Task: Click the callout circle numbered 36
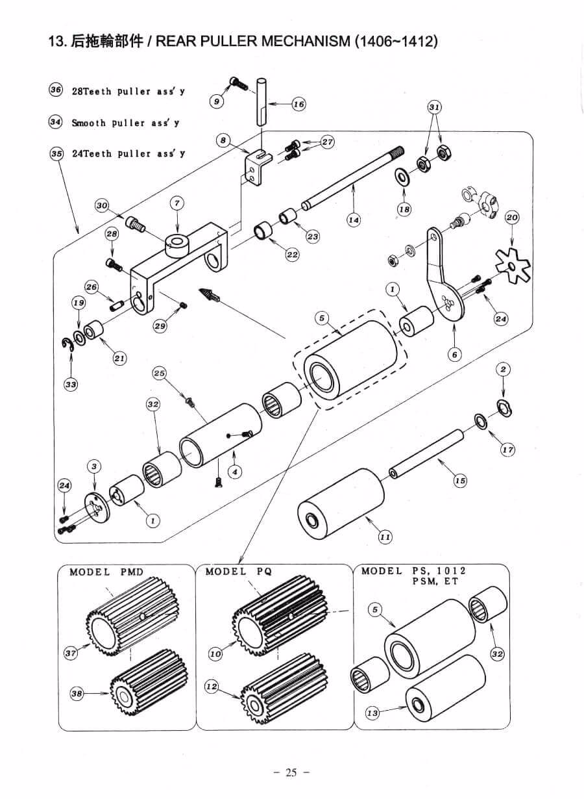[x=55, y=90]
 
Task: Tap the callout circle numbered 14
[x=354, y=220]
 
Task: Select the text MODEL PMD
[x=106, y=572]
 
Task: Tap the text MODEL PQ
[x=238, y=572]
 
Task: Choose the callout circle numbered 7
[x=177, y=204]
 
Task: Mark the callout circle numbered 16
[x=299, y=104]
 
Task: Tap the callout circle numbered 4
[x=234, y=472]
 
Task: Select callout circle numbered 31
[x=434, y=107]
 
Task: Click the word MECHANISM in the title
[x=306, y=42]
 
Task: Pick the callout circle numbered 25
[x=159, y=374]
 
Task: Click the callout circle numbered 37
[x=71, y=653]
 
